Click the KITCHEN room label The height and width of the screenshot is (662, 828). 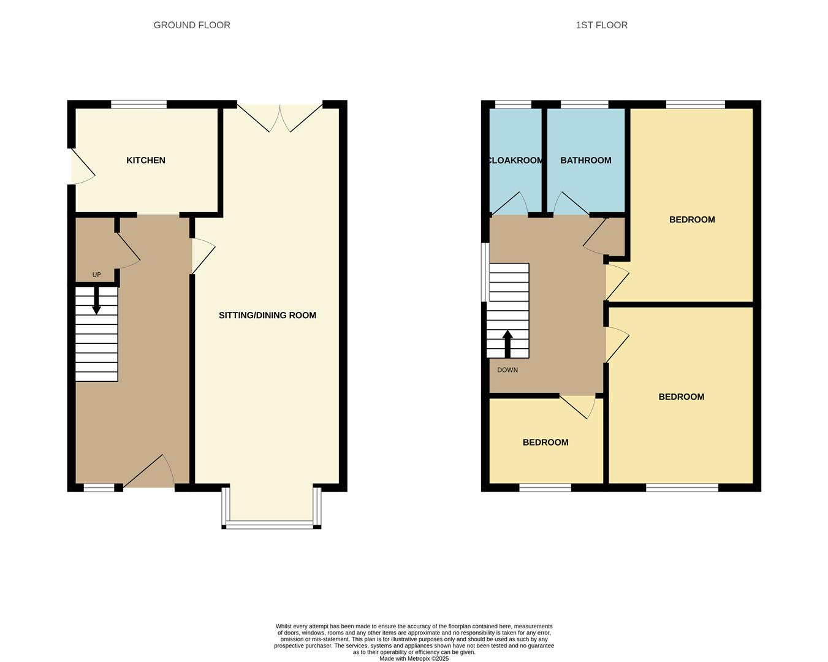tap(146, 161)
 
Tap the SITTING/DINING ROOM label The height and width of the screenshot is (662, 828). tap(267, 315)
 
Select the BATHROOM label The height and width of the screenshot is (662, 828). tap(585, 161)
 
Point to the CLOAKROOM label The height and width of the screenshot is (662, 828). tap(515, 161)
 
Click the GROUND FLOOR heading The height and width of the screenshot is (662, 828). tap(192, 25)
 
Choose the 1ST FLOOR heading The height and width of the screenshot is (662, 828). tap(601, 25)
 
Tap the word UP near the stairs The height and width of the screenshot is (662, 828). tap(96, 275)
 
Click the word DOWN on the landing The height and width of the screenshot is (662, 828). tap(507, 370)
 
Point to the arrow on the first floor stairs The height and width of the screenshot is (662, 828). tap(507, 343)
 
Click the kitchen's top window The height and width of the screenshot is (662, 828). tap(139, 104)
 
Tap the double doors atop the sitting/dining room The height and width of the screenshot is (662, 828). tap(279, 118)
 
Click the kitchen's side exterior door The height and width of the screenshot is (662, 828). tap(82, 167)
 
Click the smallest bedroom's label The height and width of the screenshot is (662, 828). tap(545, 443)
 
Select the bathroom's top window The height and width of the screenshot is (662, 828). tap(585, 104)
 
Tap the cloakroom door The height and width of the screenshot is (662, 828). tap(510, 205)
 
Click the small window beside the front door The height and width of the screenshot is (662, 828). tap(99, 488)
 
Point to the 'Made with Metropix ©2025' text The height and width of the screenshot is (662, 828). tap(414, 659)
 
